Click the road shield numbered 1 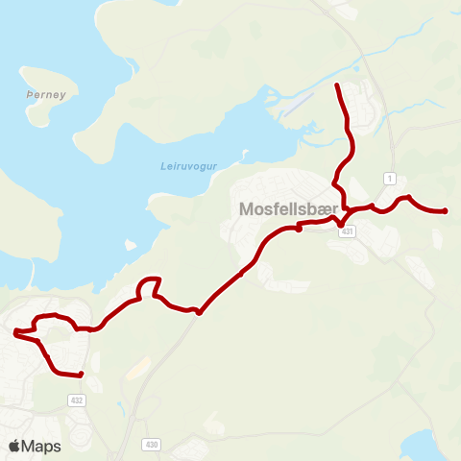(389, 179)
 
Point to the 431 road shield (348, 231)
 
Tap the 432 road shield (76, 399)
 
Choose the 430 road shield (153, 445)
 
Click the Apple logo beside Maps (15, 446)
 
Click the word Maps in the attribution (42, 446)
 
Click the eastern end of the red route (447, 211)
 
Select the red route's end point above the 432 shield (82, 375)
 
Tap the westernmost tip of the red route (15, 333)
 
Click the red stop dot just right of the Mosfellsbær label (300, 229)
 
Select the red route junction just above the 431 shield (341, 224)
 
